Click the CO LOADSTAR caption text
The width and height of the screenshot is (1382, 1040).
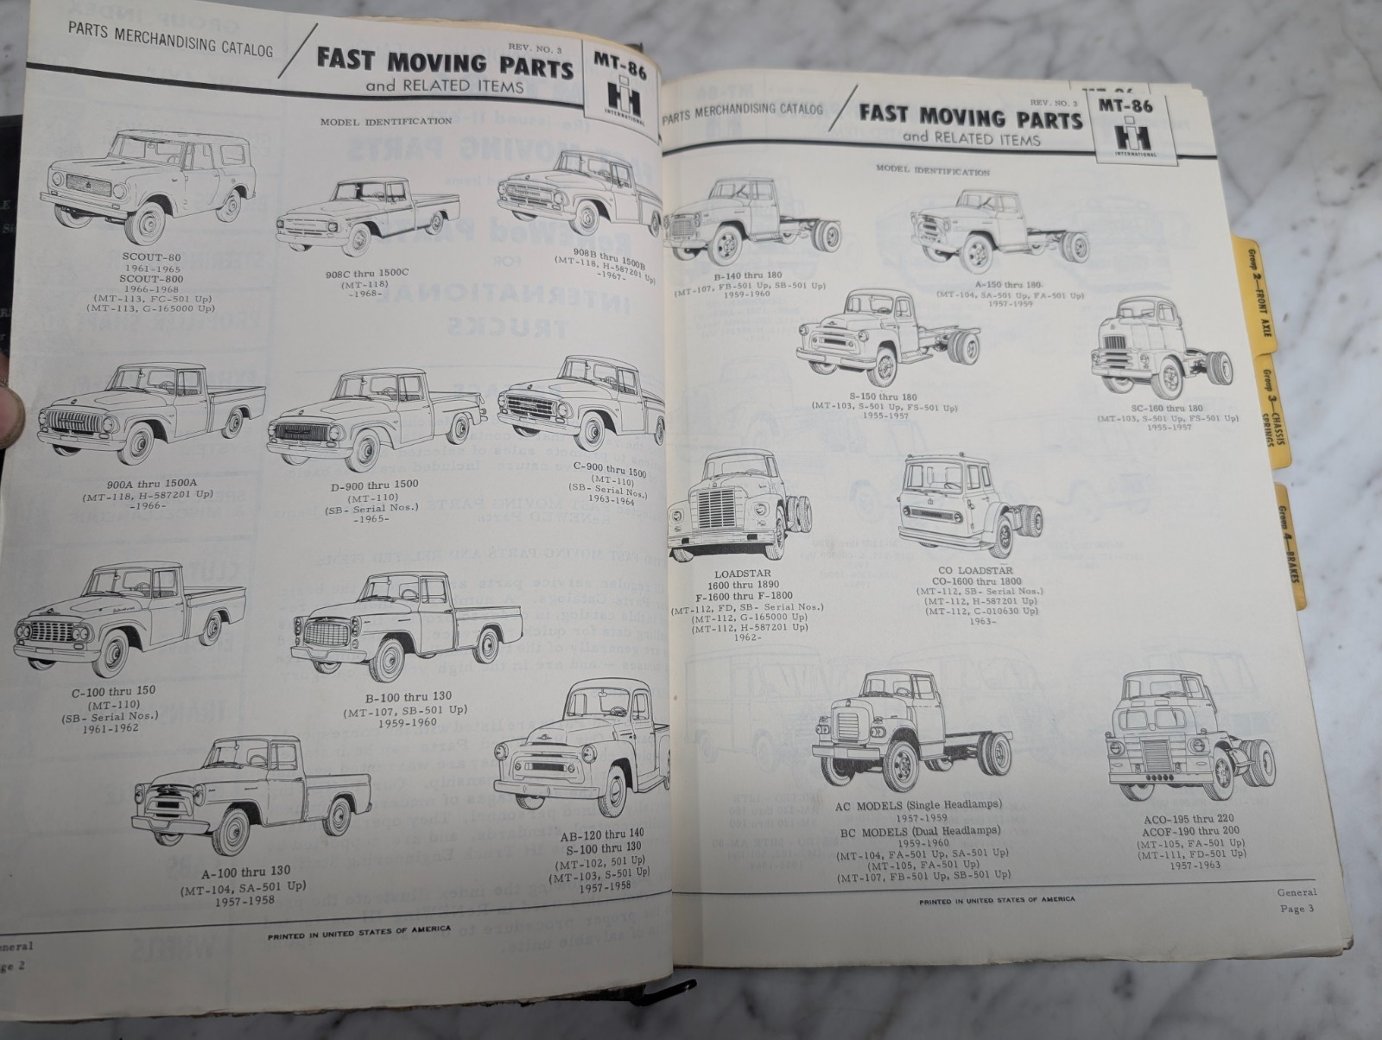point(973,571)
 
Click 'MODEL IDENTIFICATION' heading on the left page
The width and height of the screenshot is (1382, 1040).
point(385,122)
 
